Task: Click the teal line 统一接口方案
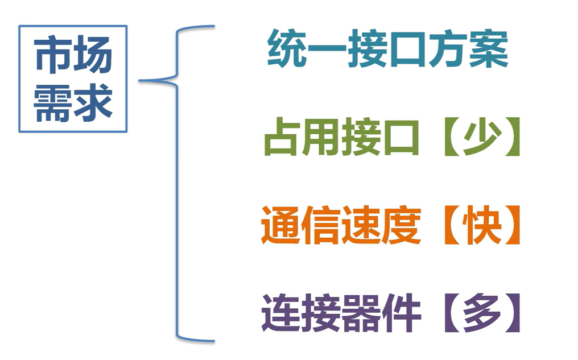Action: coord(387,49)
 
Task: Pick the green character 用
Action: coord(322,138)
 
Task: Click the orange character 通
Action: coord(281,226)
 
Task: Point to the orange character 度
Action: coord(401,226)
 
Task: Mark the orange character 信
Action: coord(321,226)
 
